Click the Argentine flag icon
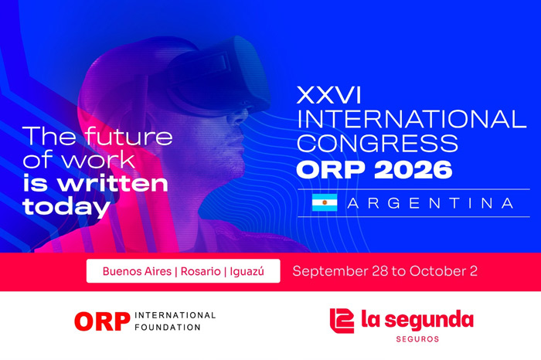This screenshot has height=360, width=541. click(325, 202)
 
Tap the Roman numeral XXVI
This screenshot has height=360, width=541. click(328, 95)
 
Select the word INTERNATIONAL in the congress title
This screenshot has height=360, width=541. click(412, 119)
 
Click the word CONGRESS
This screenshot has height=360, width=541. click(377, 143)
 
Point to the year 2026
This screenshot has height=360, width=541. click(413, 169)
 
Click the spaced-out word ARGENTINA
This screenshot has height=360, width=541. click(430, 203)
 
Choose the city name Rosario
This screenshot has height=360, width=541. click(200, 271)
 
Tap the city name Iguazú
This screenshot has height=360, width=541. click(247, 272)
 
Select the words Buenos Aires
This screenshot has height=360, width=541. click(137, 271)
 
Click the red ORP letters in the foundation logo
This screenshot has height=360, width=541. click(102, 321)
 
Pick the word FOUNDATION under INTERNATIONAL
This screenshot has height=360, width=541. click(168, 328)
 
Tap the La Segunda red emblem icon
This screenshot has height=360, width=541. click(342, 321)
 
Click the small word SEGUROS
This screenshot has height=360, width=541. click(417, 339)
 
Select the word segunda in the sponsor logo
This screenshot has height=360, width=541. click(429, 321)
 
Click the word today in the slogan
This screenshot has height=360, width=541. click(66, 208)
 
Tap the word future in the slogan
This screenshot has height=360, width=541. click(129, 136)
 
